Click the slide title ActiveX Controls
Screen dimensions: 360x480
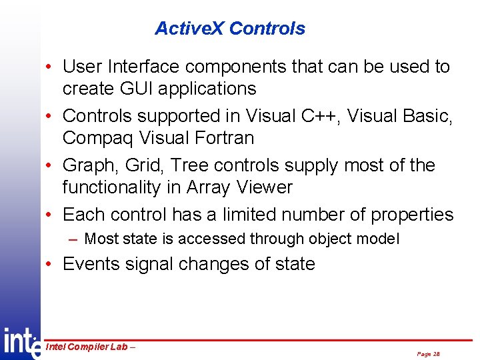[x=230, y=29]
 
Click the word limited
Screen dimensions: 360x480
[x=254, y=215]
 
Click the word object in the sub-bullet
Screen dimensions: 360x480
[x=337, y=239]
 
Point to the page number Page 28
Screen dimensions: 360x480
[x=428, y=354]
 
